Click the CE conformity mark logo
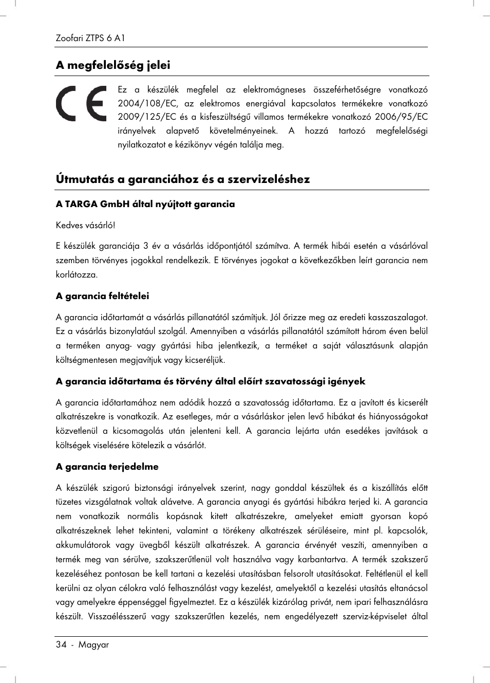coord(81,103)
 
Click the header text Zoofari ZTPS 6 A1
coord(90,38)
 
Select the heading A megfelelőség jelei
coord(113,65)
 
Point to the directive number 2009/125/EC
coord(147,117)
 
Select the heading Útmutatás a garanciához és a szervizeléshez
coord(183,179)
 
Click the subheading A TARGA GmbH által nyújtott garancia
coord(145,204)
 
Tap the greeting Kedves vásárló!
coord(86,225)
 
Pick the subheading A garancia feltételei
coord(102,296)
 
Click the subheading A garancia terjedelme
coord(107,467)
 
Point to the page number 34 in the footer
coord(61,644)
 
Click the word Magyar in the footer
coord(93,644)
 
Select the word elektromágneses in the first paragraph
coord(274,89)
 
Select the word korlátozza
coord(76,274)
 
